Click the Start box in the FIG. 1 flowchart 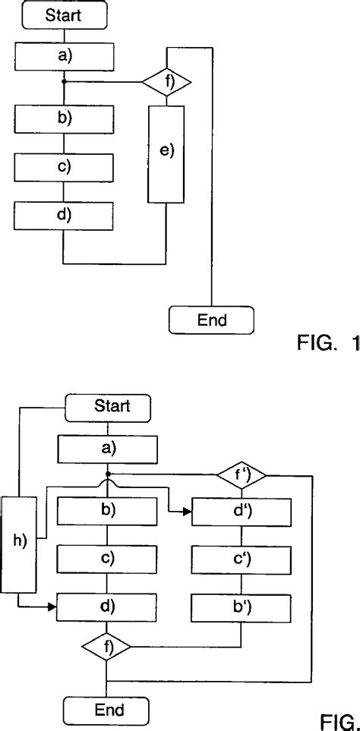64,14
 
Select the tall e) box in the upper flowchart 166,154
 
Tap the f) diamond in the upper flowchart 166,80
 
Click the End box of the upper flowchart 211,320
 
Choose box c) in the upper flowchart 64,167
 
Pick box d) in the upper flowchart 64,216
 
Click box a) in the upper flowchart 64,55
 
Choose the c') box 241,559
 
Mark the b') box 241,607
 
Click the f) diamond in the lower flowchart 107,648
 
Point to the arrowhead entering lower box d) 53,607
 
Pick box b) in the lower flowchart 107,511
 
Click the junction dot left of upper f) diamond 64,80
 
